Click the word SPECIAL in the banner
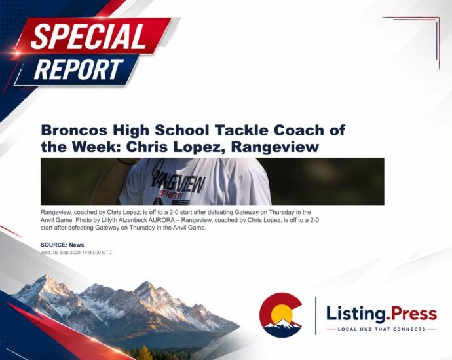click(88, 36)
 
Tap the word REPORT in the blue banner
click(78, 69)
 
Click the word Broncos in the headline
click(75, 130)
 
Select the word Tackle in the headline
click(240, 130)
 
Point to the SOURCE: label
click(54, 245)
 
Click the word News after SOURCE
click(77, 245)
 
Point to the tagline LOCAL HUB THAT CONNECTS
click(382, 329)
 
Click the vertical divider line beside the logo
click(315, 315)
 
